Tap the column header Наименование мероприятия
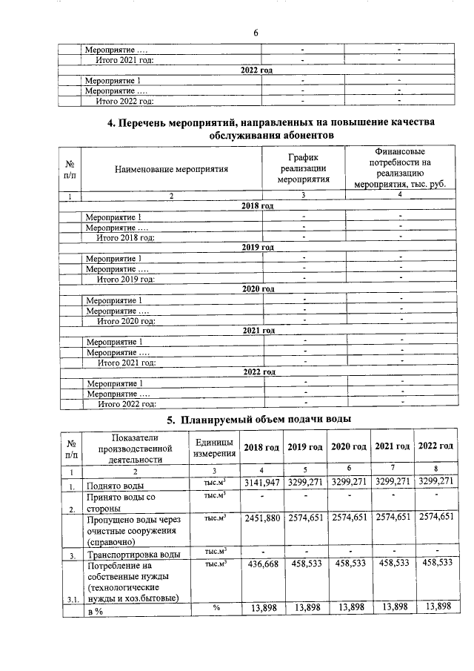click(x=171, y=168)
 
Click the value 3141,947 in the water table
click(x=261, y=483)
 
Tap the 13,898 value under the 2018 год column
click(x=261, y=607)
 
